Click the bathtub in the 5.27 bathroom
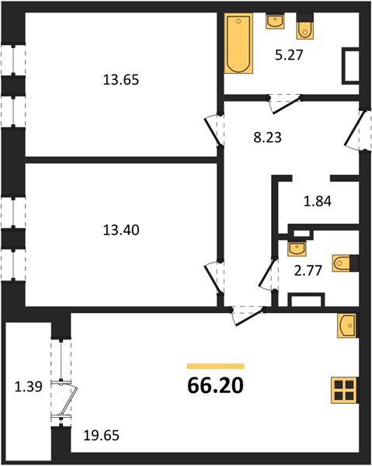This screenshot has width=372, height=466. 238,43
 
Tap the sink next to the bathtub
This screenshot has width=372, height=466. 275,21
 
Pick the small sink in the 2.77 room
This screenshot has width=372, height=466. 297,249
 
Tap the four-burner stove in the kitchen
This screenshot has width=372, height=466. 344,390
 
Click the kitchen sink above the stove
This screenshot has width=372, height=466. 346,325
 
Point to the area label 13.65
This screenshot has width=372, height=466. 121,80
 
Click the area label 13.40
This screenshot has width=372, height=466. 121,230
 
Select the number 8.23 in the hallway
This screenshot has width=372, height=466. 267,137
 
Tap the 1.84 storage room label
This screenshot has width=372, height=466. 318,201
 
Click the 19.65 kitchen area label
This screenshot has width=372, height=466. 101,436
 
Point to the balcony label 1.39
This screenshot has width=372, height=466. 29,387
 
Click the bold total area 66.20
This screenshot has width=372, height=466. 215,385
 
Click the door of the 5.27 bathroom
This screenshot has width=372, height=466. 285,104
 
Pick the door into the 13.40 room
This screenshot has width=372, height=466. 214,277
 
